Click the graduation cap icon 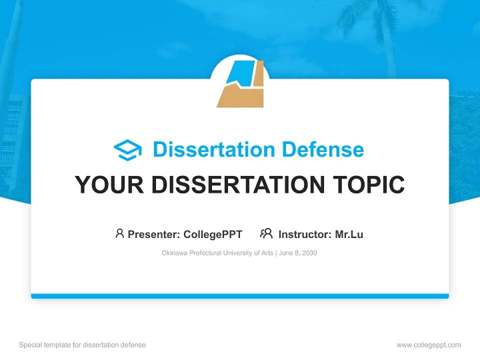127,149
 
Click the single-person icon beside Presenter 119,233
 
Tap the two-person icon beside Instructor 266,233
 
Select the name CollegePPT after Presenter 212,234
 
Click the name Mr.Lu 349,234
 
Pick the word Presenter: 154,234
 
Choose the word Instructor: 304,234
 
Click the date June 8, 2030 298,253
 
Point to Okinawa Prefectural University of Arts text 217,253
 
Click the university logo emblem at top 240,82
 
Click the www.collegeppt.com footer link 428,345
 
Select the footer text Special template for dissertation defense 82,345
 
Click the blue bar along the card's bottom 240,296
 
